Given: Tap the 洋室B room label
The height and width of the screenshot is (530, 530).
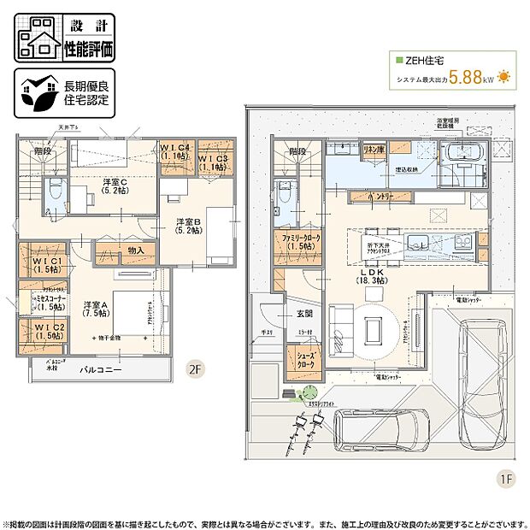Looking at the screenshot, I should click(x=188, y=226).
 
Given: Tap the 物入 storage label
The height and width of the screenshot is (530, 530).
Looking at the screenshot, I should click(x=135, y=250).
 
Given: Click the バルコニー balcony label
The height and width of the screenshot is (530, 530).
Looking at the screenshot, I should click(x=101, y=371).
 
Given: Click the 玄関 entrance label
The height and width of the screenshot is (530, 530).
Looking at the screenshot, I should click(x=305, y=313).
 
